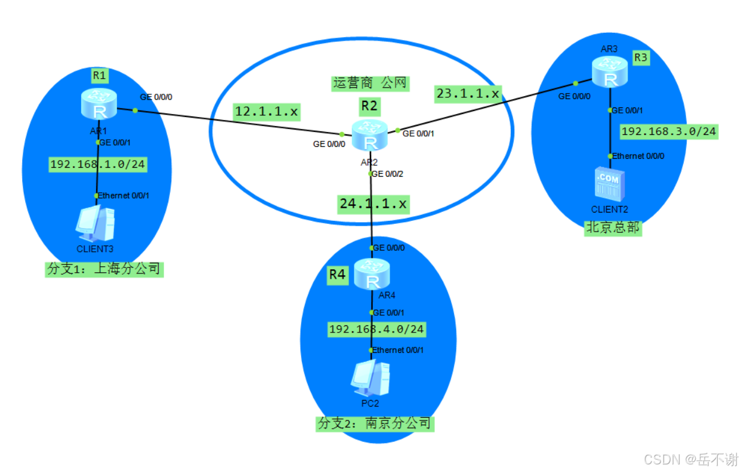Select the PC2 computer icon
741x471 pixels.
coord(370,377)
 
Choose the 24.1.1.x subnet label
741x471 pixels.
coord(373,203)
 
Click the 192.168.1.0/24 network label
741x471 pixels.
coord(97,164)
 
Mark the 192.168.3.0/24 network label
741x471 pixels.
coord(669,131)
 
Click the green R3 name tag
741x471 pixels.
coord(640,58)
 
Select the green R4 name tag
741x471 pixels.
coord(337,275)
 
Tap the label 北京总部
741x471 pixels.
coord(613,228)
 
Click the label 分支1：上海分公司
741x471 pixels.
coord(104,269)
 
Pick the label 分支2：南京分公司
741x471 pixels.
coord(375,424)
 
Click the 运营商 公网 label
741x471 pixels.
coord(370,83)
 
